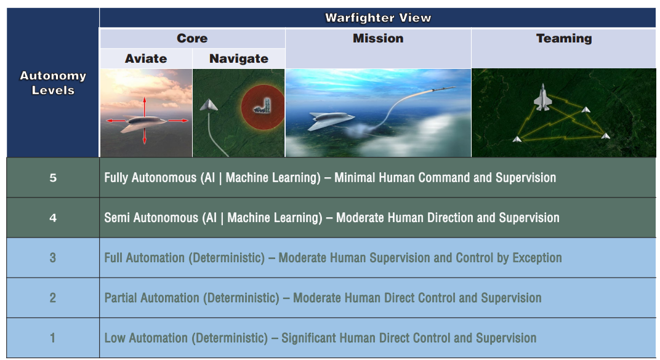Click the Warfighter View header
pos(378,18)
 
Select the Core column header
pos(192,38)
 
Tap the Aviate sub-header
pos(146,58)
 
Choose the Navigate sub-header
pos(239,58)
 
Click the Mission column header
pos(378,38)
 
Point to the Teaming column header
pos(564,38)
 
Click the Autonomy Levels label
pos(53,83)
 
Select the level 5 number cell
pos(53,177)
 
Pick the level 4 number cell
pos(53,217)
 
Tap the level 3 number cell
pos(53,257)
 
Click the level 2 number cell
pos(53,298)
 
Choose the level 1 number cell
pos(53,338)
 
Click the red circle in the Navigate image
pos(263,107)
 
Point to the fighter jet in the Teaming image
pos(542,98)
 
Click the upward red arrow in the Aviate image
pos(144,107)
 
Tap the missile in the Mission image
pos(443,89)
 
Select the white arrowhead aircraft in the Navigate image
pos(208,105)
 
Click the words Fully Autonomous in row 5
pos(150,178)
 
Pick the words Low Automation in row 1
pos(146,338)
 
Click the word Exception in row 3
pos(537,258)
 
